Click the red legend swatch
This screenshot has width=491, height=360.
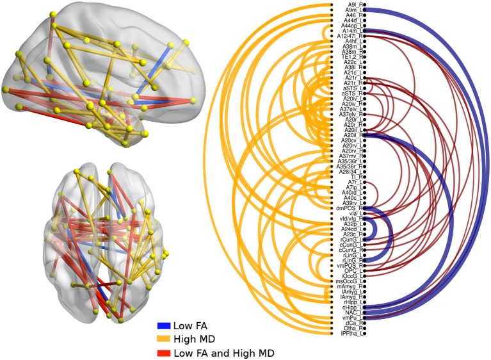click(166, 352)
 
